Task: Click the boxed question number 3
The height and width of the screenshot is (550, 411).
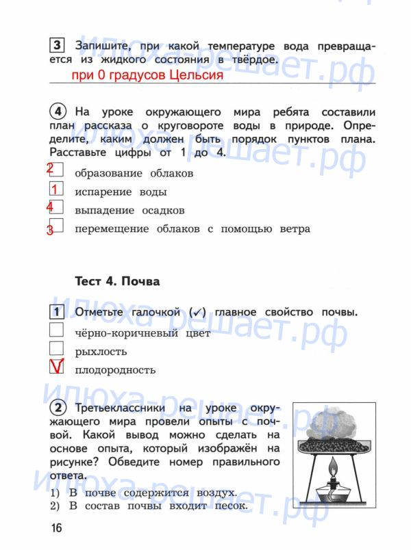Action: point(57,46)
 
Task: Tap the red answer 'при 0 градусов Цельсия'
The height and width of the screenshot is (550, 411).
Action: point(147,75)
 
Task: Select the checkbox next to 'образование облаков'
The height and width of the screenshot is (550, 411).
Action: point(57,171)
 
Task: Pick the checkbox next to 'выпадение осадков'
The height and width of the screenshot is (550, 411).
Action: point(57,208)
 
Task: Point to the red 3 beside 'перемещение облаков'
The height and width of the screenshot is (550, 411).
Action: point(50,230)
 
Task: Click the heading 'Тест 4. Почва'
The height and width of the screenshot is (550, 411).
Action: point(116,281)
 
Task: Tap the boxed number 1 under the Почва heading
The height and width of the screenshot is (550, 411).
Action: point(57,313)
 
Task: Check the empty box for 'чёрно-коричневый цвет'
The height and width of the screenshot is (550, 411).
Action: point(57,332)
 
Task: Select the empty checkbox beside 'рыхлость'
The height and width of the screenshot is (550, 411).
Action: point(57,350)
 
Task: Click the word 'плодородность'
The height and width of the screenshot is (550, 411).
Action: point(115,370)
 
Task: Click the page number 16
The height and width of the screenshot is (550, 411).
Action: point(55,527)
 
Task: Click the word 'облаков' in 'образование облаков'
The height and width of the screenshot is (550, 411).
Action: point(170,173)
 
